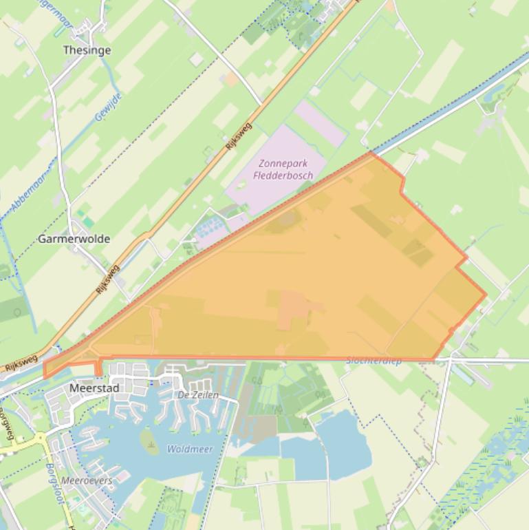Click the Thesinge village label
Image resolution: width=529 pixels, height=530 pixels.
pos(87,50)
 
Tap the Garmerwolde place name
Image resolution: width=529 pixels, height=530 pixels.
pos(74,239)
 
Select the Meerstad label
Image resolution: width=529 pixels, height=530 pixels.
pos(94,388)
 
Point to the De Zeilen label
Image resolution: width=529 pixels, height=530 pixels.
pos(198,395)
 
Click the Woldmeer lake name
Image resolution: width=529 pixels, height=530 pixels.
pos(190,449)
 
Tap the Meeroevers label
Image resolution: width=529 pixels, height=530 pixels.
pos(87,480)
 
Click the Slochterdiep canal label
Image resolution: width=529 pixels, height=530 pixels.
pos(374,360)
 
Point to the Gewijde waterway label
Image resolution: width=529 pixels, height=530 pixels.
pos(109,107)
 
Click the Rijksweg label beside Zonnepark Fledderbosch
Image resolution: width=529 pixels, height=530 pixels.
pos(238,137)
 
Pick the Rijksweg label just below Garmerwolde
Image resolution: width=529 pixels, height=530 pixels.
pos(108,279)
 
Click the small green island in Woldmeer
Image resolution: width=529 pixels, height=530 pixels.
pos(149,441)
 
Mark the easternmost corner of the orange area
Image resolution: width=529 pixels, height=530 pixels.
pos(486,295)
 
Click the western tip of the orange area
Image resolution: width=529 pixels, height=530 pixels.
pos(45,376)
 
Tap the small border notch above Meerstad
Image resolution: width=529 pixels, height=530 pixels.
pos(98,368)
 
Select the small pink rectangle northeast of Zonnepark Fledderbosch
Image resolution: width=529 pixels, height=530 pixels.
pos(319,123)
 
